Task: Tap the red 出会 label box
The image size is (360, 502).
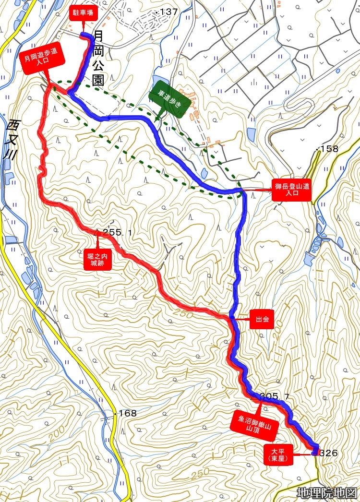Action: pyautogui.click(x=262, y=318)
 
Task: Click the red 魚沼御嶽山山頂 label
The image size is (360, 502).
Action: pyautogui.click(x=254, y=425)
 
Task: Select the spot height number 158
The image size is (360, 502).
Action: pyautogui.click(x=329, y=149)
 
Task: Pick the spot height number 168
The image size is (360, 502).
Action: pyautogui.click(x=127, y=413)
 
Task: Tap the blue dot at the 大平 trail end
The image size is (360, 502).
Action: pyautogui.click(x=315, y=452)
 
